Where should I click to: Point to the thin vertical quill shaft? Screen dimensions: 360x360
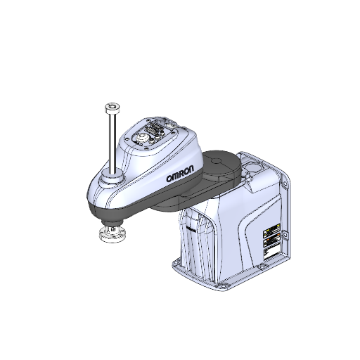111,141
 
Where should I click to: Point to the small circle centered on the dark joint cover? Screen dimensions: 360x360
224,160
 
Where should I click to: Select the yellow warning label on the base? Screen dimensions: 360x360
271,231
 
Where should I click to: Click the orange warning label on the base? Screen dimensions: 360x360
271,241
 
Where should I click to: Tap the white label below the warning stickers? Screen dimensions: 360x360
271,251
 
